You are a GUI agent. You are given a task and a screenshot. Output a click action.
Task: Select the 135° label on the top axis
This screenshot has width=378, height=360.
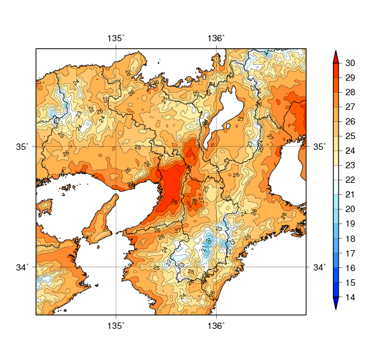click(116, 39)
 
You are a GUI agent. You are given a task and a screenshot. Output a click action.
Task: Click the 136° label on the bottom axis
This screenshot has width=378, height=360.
click(216, 326)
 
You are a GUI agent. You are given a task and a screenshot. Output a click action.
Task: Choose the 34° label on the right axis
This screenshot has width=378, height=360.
click(320, 267)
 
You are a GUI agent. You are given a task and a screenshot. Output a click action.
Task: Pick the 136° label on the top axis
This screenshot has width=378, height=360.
click(216, 39)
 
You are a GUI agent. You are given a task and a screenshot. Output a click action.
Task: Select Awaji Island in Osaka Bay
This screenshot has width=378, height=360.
click(105, 216)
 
